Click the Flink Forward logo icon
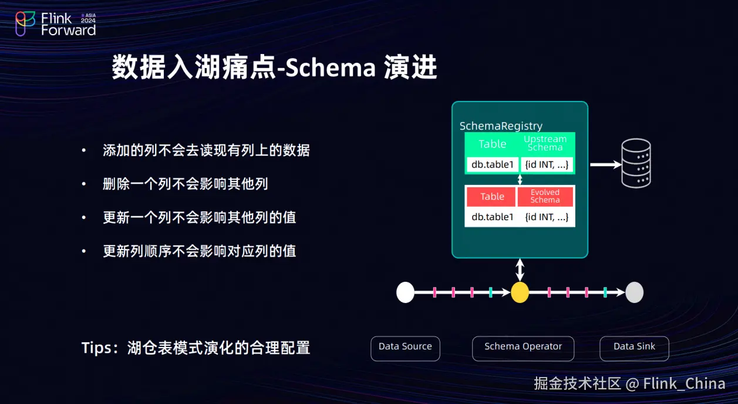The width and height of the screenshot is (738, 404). (x=25, y=23)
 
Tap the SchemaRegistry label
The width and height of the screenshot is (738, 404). (x=500, y=126)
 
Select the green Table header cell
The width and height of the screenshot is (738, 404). (x=492, y=144)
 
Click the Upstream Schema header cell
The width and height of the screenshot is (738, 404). (x=545, y=143)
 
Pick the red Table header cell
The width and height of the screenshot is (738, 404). (x=492, y=197)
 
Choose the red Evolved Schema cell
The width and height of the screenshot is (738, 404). (x=545, y=197)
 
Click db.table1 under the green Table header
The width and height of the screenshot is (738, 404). (x=492, y=164)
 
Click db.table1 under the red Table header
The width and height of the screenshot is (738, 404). (x=492, y=217)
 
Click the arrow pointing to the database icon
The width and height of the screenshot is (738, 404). (x=605, y=165)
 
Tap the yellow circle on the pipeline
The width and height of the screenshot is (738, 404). (x=520, y=292)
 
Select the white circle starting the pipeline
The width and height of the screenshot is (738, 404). (x=406, y=292)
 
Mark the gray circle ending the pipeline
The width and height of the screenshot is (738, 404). (x=634, y=292)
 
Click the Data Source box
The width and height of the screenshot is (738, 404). (x=405, y=348)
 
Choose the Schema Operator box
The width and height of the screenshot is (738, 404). (x=523, y=348)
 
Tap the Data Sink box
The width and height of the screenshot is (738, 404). (x=634, y=348)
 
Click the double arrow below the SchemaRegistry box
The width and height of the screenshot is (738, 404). (x=520, y=270)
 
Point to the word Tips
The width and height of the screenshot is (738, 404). (x=96, y=348)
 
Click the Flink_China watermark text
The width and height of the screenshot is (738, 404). (x=684, y=384)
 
